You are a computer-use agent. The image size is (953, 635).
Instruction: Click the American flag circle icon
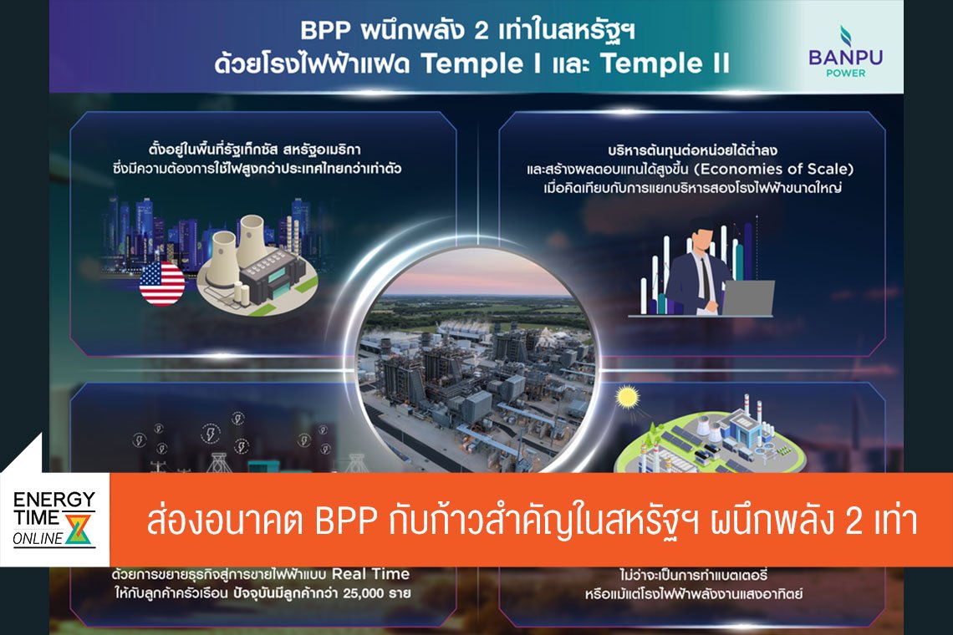[x=162, y=283]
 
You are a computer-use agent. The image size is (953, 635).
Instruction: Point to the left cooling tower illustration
[x=223, y=251]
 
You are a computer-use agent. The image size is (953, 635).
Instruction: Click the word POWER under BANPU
[x=845, y=73]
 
